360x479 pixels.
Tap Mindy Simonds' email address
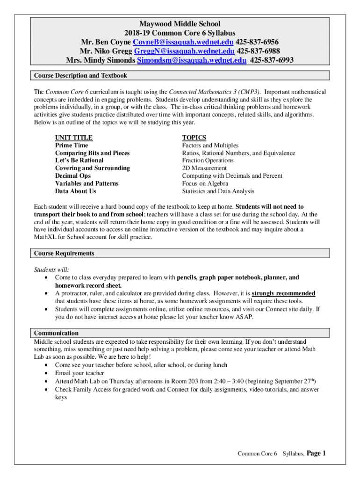[x=191, y=60]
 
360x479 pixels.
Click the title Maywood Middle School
[x=180, y=23]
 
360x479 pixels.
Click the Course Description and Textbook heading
[x=80, y=75]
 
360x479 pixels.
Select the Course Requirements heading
[x=64, y=253]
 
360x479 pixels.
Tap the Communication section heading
[x=56, y=333]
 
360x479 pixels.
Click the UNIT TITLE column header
[x=74, y=138]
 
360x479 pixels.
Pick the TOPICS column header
[x=194, y=138]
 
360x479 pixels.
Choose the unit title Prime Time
[x=71, y=145]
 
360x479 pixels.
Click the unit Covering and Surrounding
[x=93, y=168]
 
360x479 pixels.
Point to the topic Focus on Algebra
[x=205, y=183]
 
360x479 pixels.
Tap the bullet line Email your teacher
[x=79, y=373]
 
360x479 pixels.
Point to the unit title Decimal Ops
[x=73, y=176]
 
